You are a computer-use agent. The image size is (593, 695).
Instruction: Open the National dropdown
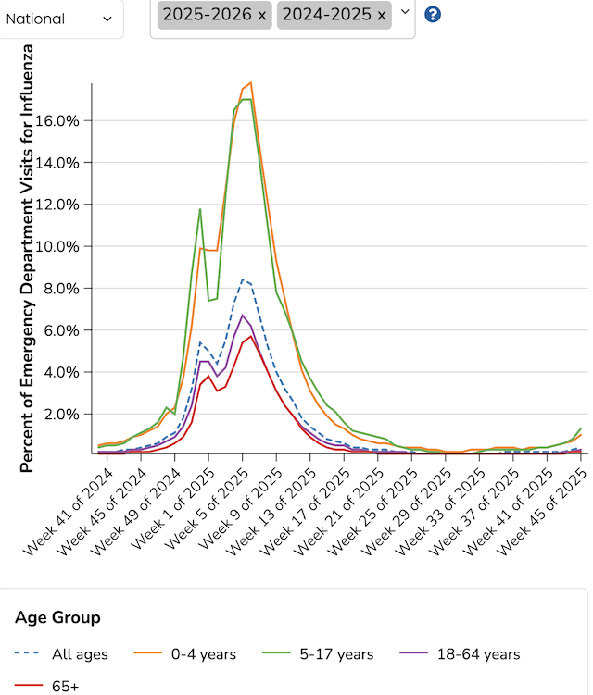tap(59, 19)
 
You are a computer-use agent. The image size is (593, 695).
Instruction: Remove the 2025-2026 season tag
tap(261, 15)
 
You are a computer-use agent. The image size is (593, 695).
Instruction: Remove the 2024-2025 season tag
tap(382, 15)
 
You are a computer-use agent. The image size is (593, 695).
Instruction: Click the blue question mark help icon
tap(432, 15)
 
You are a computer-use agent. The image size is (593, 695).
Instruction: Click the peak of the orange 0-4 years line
tap(251, 83)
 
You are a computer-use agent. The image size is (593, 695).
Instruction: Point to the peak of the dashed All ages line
tap(243, 279)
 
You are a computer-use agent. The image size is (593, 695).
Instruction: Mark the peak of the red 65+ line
tap(250, 336)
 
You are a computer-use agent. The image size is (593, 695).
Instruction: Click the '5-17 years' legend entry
tap(325, 654)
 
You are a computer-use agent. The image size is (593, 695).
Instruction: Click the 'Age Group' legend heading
tap(58, 617)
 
